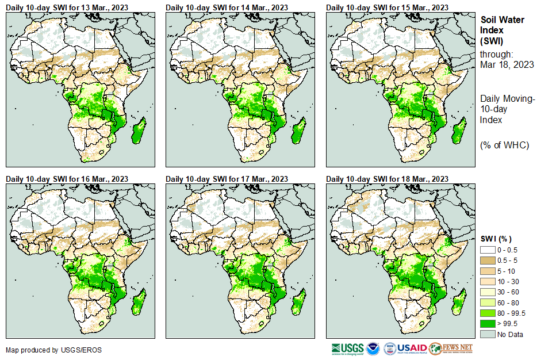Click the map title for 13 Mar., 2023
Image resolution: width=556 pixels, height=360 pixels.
67,7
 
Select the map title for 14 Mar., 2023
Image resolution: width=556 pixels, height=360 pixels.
227,7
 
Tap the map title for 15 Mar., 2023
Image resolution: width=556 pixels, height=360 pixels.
387,7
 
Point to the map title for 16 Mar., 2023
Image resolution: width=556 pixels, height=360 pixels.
67,179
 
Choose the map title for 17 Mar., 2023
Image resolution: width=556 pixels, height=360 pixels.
227,179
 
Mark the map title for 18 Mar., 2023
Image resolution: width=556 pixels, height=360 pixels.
387,179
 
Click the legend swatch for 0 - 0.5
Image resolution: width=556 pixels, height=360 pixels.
488,250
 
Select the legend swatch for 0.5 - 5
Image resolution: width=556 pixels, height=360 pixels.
488,261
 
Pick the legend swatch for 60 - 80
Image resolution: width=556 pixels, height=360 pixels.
488,302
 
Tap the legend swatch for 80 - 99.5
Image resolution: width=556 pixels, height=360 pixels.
488,313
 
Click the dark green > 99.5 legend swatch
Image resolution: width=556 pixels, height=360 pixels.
488,324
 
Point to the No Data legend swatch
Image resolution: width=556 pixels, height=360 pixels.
488,334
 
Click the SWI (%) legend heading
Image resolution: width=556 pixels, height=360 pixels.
496,239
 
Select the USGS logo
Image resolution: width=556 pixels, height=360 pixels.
347,348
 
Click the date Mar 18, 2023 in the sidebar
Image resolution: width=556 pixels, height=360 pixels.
507,64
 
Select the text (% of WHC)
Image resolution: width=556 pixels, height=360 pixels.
504,145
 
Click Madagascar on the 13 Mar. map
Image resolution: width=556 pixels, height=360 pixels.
138,130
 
